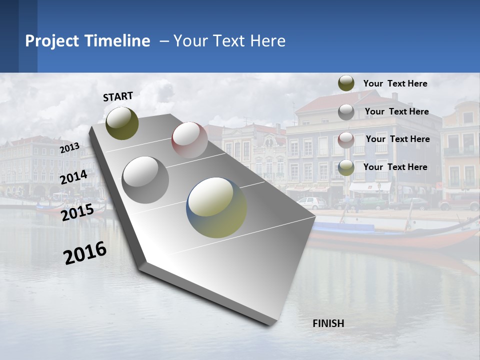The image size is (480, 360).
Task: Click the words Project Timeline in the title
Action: coord(87,41)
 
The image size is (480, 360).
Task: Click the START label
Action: coord(118,96)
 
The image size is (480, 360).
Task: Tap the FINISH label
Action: coord(328,323)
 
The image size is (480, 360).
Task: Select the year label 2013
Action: coord(69,148)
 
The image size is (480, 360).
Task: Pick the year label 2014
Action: coord(73,177)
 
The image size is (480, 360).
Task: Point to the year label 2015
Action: coord(77,212)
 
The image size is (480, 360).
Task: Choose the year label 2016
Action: coord(85,252)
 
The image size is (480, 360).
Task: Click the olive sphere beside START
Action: coord(122,123)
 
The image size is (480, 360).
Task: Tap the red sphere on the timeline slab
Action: coord(189,139)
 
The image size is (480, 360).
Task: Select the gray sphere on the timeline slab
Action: coord(145,179)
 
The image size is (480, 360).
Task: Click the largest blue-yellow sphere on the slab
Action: coord(216,207)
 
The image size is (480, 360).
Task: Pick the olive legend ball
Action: coord(346,83)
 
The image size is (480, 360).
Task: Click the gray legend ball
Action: coord(346,111)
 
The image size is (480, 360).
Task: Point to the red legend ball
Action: coord(346,139)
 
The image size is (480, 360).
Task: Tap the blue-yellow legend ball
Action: coord(346,167)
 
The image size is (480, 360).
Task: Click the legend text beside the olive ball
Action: coord(395,83)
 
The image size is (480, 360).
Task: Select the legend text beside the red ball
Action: coord(397,139)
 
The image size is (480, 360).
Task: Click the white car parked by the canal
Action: coord(311,202)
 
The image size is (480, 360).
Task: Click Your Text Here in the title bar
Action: coord(229,41)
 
